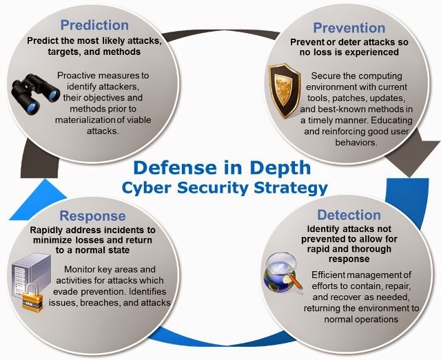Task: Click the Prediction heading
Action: pyautogui.click(x=94, y=25)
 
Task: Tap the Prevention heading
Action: pyautogui.click(x=349, y=28)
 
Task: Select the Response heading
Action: pyautogui.click(x=92, y=216)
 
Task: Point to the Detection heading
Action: pyautogui.click(x=349, y=215)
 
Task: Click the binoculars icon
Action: pyautogui.click(x=35, y=94)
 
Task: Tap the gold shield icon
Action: pyautogui.click(x=284, y=90)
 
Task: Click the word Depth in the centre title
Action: pyautogui.click(x=280, y=168)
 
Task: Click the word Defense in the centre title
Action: pyautogui.click(x=175, y=168)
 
